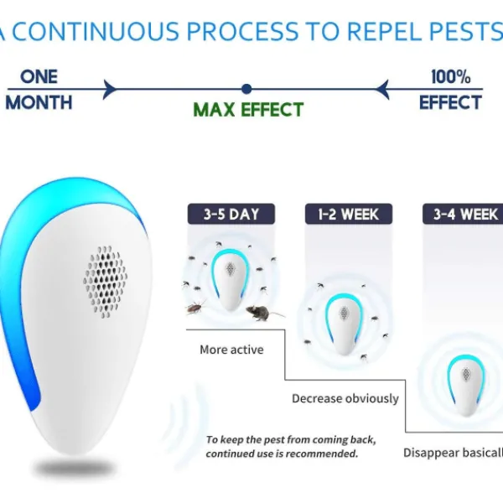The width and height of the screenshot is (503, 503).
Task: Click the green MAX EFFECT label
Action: coord(248,110)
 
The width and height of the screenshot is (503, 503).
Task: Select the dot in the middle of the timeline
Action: coord(246,88)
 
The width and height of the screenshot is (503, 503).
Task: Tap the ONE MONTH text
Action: coord(39,90)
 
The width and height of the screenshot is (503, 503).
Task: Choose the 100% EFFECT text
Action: coord(450,90)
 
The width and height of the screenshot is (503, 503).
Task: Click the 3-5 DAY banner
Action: coord(231,214)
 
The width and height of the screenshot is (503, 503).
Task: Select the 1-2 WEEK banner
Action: coord(348,214)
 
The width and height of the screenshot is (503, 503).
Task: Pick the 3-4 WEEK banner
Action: coord(465,214)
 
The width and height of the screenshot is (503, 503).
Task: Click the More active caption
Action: coord(231,350)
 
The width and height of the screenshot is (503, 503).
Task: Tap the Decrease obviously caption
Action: coord(345,398)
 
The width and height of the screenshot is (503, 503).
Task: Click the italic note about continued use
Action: coord(290,447)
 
